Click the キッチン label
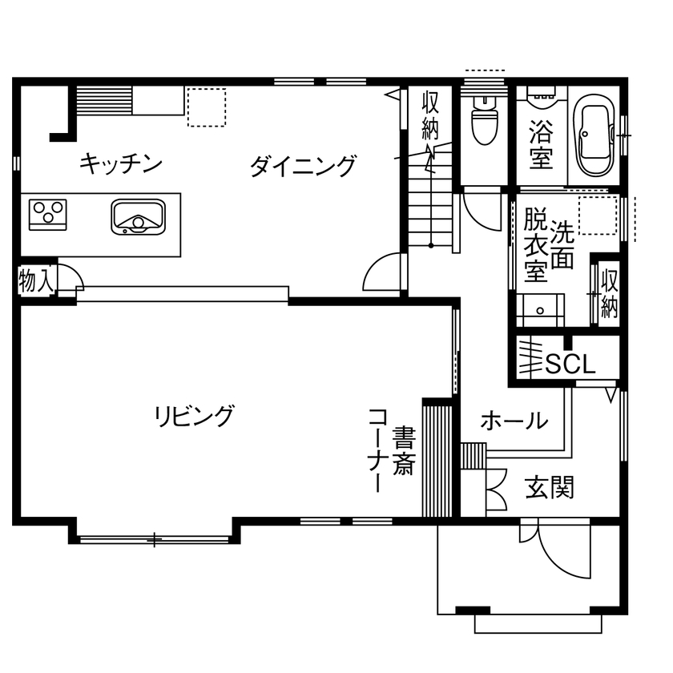121,164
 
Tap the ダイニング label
302,167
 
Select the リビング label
195,416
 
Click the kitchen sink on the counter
138,216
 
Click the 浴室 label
542,144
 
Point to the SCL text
570,365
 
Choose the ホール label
514,420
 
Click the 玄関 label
550,486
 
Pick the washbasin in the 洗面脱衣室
539,309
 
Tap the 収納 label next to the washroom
609,294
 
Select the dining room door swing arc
382,272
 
